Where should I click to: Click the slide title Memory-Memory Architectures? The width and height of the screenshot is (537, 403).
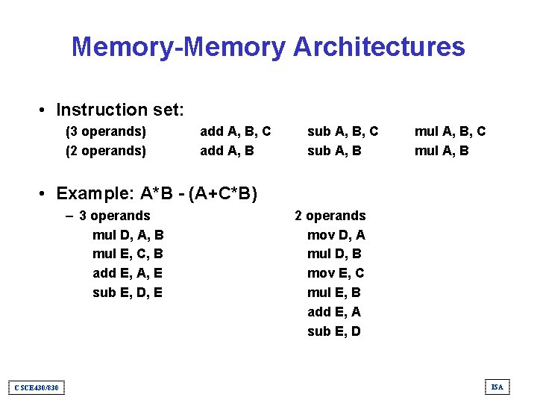(x=268, y=47)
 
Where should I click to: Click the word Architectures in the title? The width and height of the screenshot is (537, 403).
(x=379, y=47)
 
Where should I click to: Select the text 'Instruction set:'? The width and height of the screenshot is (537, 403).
(x=120, y=110)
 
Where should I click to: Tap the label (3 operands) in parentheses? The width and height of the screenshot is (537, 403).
(x=106, y=131)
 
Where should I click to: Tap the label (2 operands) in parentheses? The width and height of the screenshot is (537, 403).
(x=106, y=151)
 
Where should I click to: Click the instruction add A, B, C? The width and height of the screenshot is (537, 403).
(x=235, y=131)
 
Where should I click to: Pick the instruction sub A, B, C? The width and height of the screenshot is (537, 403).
(x=343, y=131)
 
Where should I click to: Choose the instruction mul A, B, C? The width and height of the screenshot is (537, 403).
(x=450, y=131)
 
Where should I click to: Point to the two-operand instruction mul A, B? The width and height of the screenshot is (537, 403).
(x=442, y=151)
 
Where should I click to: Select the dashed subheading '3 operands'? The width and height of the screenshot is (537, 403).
(x=114, y=216)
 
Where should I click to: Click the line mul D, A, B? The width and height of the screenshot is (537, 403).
(x=128, y=235)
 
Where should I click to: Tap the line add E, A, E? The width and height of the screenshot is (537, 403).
(x=128, y=273)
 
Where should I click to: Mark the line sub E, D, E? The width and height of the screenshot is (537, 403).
(x=128, y=293)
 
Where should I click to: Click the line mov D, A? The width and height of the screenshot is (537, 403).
(x=336, y=235)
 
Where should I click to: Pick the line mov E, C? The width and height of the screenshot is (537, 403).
(x=336, y=273)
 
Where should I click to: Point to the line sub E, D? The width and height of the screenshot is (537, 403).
(x=334, y=331)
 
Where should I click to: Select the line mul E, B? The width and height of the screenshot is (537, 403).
(x=334, y=293)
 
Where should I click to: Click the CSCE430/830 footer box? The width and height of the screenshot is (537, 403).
(x=37, y=387)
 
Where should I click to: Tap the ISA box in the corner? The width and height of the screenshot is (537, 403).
(x=497, y=387)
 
